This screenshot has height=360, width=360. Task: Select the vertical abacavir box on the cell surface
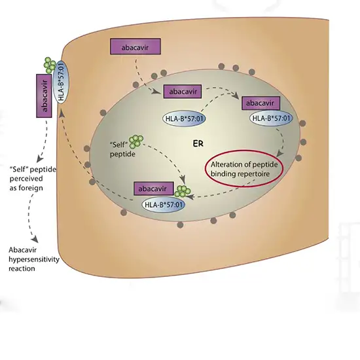tap(44, 95)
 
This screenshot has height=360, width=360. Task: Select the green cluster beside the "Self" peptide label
tap(137, 141)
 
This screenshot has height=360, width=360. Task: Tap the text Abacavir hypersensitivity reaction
tap(33, 259)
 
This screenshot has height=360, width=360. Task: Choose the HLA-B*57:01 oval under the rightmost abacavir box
tap(272, 118)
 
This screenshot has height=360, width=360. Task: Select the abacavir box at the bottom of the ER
tap(154, 189)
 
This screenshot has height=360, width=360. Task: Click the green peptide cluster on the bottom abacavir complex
tap(184, 190)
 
